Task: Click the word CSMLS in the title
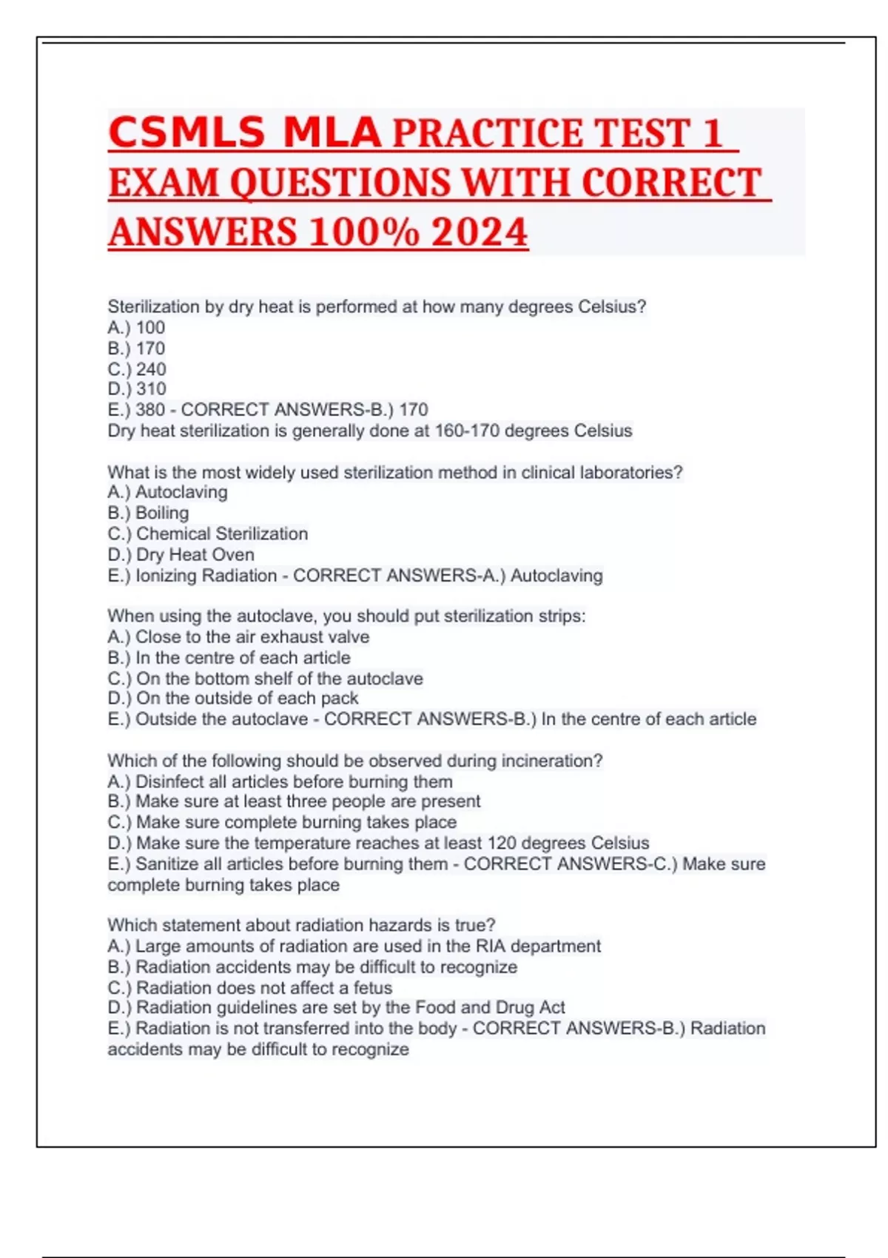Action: point(186,133)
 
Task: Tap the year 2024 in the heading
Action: point(480,232)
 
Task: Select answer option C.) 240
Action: point(137,369)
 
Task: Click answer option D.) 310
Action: point(137,388)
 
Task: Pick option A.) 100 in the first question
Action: point(136,327)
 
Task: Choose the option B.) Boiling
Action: point(148,513)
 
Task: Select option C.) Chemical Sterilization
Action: point(207,534)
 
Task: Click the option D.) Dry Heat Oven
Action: point(181,554)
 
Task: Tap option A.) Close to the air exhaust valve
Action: point(238,636)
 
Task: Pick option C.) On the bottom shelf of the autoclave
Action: point(265,678)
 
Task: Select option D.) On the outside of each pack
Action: point(232,698)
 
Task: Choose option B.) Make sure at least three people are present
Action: point(294,801)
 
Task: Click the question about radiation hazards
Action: point(301,925)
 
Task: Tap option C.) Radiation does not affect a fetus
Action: point(249,987)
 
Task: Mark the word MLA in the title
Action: point(332,133)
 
